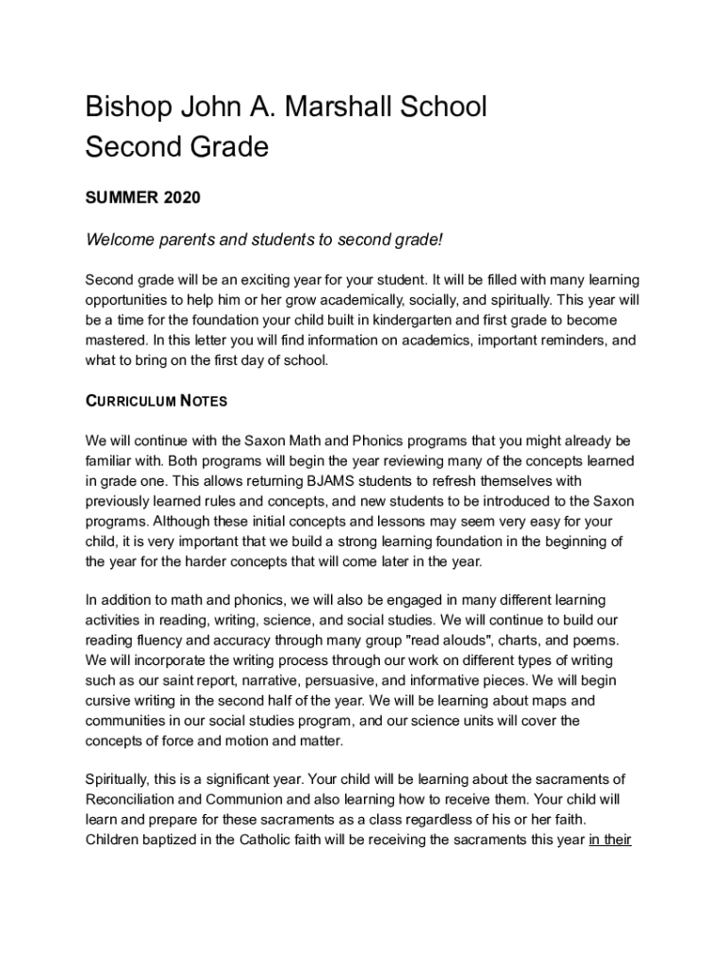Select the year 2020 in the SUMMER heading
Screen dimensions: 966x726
[x=182, y=198]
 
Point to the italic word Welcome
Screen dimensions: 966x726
[x=118, y=240]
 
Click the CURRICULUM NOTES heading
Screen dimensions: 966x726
[x=156, y=401]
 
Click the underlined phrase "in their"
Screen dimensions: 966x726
[x=609, y=839]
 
